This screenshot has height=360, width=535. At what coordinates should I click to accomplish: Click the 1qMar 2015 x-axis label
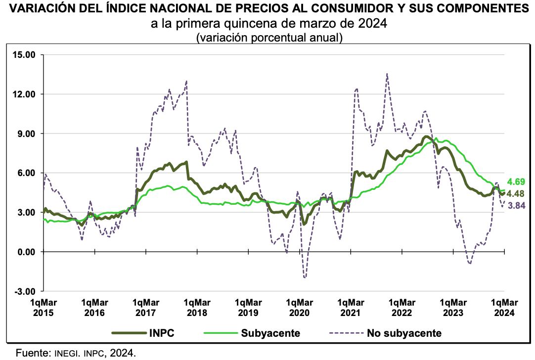tap(43, 307)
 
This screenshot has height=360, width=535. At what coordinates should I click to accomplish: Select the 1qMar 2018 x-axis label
tap(197, 307)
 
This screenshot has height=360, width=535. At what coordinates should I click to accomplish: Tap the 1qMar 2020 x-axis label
tap(299, 307)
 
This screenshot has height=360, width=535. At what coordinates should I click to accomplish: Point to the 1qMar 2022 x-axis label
tap(401, 307)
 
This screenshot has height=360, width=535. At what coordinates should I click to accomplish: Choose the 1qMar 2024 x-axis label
tap(504, 307)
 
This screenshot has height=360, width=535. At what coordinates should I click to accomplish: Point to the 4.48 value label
tap(515, 193)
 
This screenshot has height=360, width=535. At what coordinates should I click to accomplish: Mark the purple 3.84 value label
tap(515, 205)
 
